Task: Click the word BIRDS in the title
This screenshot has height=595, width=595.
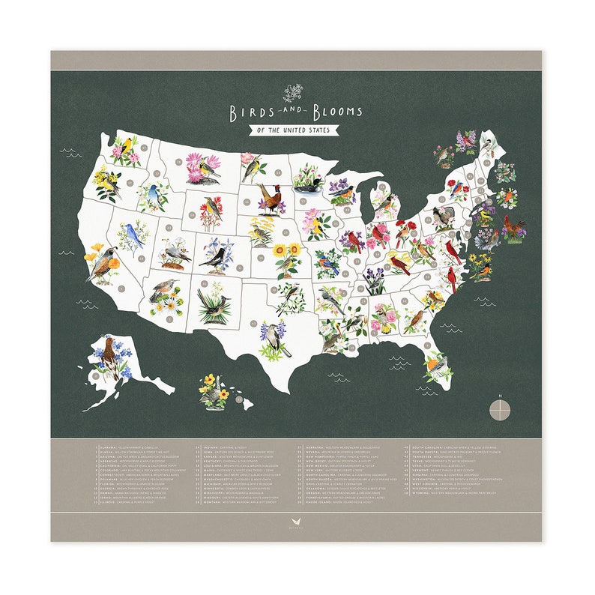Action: pyautogui.click(x=252, y=112)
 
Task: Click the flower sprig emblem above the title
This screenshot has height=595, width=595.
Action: pyautogui.click(x=294, y=94)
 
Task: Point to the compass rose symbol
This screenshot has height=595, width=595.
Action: pyautogui.click(x=500, y=408)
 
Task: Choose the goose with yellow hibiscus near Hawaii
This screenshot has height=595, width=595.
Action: pyautogui.click(x=214, y=391)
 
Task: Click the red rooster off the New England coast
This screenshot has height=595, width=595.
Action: pyautogui.click(x=514, y=228)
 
